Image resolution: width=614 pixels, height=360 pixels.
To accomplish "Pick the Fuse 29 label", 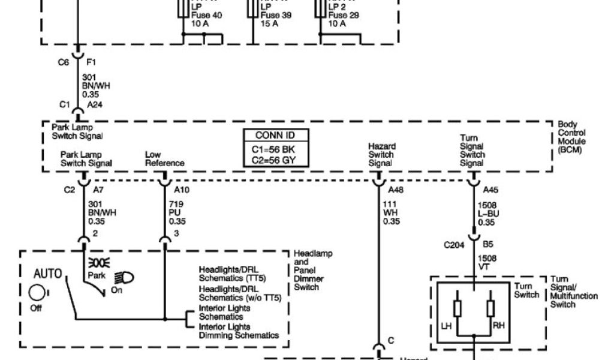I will pos(344,16).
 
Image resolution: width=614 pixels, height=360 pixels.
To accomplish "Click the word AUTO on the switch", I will pos(48,274).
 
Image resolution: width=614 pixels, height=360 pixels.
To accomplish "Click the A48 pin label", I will pos(396,190).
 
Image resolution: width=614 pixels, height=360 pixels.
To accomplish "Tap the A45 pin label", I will pos(491,190).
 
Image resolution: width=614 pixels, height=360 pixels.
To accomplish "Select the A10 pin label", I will pos(181,190).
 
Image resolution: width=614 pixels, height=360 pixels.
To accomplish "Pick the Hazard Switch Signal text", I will pos(381,154).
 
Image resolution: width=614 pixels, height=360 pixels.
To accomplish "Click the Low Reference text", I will pos(164,159).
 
